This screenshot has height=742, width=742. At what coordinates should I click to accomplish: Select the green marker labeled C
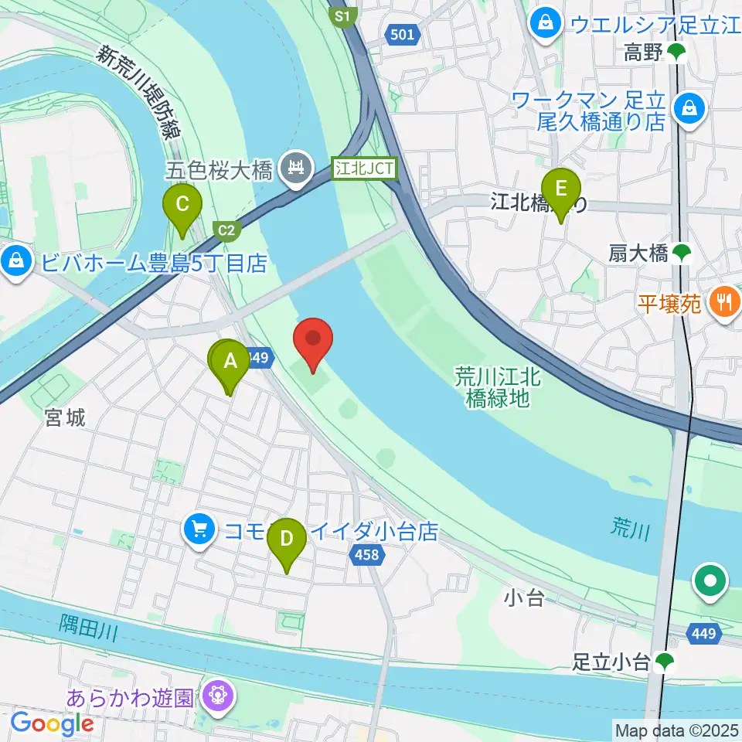[x=182, y=205]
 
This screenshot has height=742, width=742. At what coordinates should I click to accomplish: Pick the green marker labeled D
[x=287, y=537]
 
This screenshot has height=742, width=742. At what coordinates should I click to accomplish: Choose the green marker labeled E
[x=561, y=189]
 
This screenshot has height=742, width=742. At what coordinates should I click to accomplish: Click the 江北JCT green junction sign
[x=365, y=168]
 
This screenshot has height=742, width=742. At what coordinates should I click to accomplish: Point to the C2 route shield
[x=226, y=230]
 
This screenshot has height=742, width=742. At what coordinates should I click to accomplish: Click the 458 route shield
[x=367, y=553]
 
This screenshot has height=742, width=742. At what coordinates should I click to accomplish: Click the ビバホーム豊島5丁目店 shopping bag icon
[x=15, y=261]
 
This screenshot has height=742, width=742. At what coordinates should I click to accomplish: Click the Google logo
[x=52, y=723]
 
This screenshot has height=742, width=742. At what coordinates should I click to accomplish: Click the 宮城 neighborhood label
[x=65, y=418]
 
